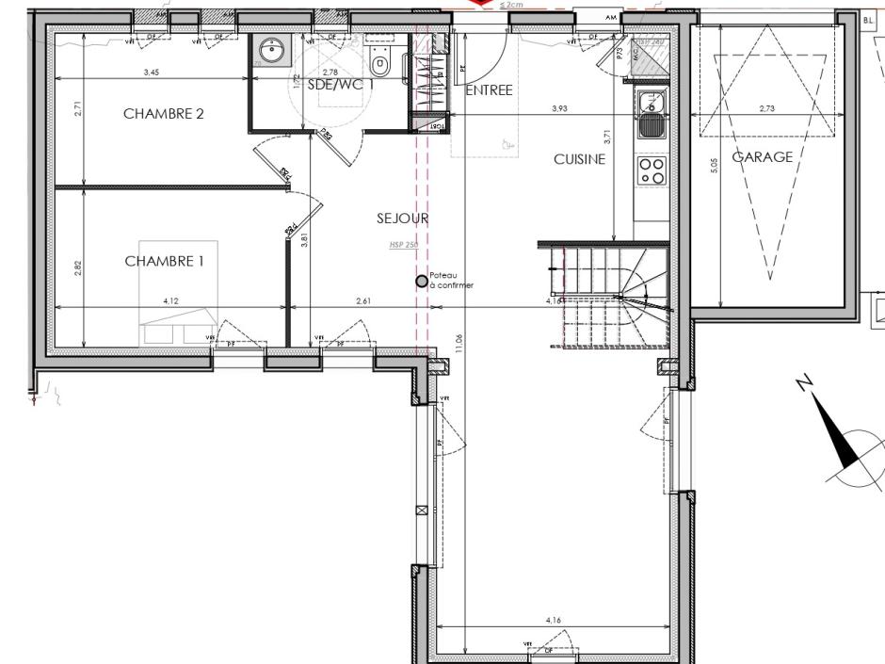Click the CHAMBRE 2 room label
click(x=164, y=114)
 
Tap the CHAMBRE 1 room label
click(x=164, y=261)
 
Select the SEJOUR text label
click(x=403, y=219)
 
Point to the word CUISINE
click(x=579, y=160)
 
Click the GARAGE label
click(x=763, y=157)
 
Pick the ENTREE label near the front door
click(x=489, y=90)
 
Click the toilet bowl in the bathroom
click(x=380, y=66)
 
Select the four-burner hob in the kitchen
click(x=652, y=170)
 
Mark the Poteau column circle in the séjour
click(x=422, y=280)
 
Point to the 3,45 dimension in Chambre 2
click(x=151, y=73)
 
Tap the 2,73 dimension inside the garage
click(x=766, y=109)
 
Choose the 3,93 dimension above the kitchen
click(x=559, y=109)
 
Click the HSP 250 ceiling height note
click(x=402, y=245)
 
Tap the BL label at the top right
click(x=869, y=19)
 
